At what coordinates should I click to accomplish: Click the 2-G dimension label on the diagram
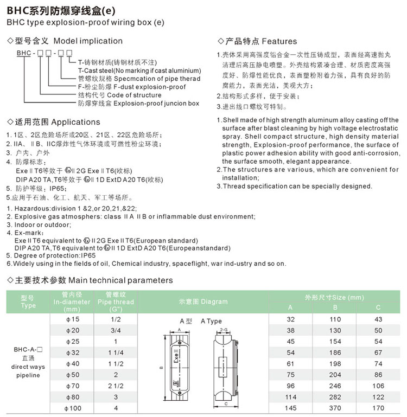(225, 330)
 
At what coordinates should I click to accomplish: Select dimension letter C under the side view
(225, 403)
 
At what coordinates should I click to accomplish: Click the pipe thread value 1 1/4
(116, 352)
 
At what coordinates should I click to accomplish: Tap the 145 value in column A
(290, 408)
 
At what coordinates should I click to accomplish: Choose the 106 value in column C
(378, 386)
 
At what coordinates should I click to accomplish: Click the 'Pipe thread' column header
(116, 303)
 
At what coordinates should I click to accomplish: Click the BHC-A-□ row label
(28, 350)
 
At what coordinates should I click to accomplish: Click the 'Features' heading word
(279, 41)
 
